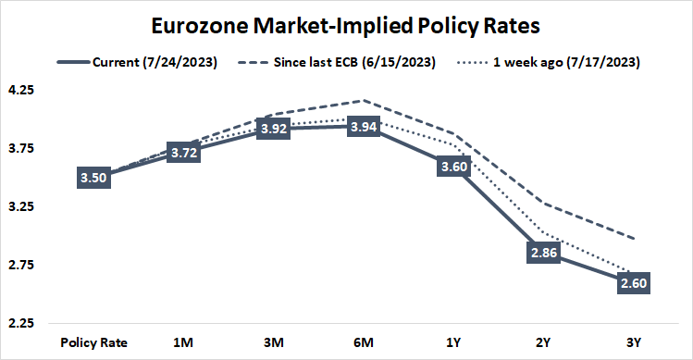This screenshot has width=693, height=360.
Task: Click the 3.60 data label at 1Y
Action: click(452, 168)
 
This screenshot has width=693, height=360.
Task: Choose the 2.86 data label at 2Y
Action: click(540, 254)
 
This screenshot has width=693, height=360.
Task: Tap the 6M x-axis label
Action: click(364, 342)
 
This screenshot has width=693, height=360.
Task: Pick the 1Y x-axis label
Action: click(452, 342)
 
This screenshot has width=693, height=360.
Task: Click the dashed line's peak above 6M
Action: click(364, 100)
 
